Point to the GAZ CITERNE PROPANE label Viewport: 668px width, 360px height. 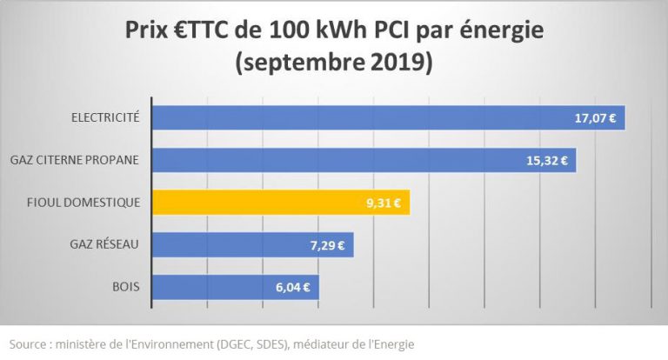(77, 160)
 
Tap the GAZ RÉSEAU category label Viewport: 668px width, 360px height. (105, 244)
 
